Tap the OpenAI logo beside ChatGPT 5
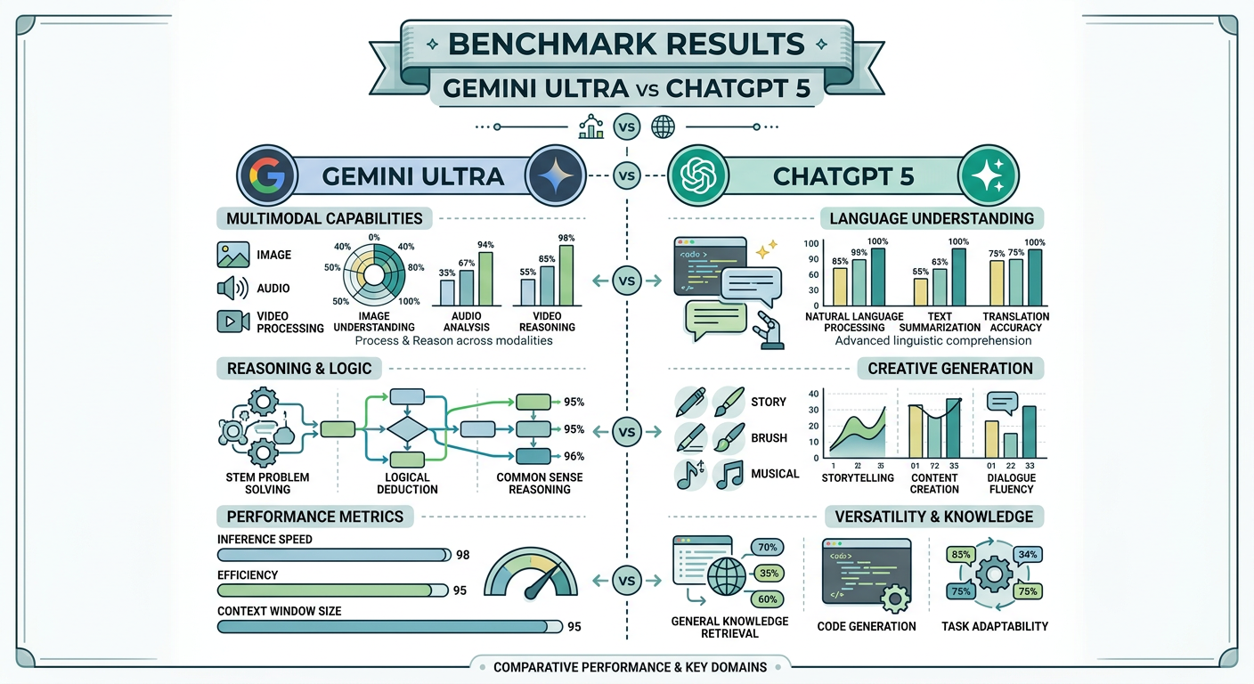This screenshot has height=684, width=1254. [x=693, y=175]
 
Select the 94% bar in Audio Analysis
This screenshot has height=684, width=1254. [x=485, y=279]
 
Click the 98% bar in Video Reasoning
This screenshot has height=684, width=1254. [x=566, y=275]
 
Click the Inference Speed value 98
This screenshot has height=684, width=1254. [x=462, y=555]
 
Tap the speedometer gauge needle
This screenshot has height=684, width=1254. [x=539, y=581]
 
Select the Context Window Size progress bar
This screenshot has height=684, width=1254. [x=381, y=626]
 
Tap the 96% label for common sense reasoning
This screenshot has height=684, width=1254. [x=574, y=456]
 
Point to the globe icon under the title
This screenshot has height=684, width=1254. [x=663, y=126]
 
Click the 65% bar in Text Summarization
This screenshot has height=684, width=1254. [x=921, y=292]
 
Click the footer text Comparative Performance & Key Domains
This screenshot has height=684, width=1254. [x=630, y=667]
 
